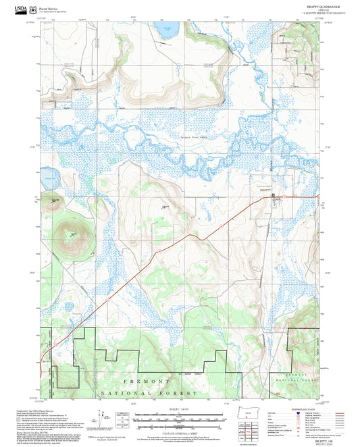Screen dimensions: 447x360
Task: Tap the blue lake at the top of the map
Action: (x=164, y=30)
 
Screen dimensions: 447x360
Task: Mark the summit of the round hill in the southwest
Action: (x=72, y=232)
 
